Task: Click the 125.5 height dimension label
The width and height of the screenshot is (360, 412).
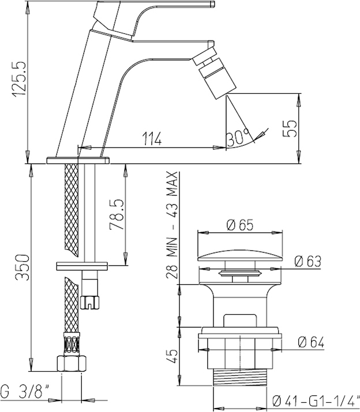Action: [20, 80]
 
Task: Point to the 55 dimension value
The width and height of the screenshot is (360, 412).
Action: [290, 128]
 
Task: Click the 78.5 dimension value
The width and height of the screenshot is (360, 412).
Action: [117, 214]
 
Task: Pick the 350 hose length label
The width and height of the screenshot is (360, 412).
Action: [22, 267]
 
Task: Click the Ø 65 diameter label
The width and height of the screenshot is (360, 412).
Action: [240, 225]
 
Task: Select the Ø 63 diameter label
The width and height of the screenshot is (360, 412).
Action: [308, 261]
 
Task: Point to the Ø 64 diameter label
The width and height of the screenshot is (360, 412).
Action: [311, 342]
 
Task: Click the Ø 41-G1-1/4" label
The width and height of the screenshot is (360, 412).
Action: [316, 401]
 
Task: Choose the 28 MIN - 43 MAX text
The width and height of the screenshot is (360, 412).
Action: [172, 225]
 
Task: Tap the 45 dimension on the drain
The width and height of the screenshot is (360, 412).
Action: [172, 356]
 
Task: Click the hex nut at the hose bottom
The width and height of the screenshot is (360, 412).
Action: [72, 364]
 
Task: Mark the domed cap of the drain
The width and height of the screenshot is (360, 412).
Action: [240, 257]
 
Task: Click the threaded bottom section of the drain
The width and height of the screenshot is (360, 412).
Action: [240, 377]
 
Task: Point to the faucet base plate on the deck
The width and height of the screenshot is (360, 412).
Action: [78, 160]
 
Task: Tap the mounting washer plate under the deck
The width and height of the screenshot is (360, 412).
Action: [82, 266]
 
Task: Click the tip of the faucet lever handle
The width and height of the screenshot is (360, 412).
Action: [213, 3]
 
